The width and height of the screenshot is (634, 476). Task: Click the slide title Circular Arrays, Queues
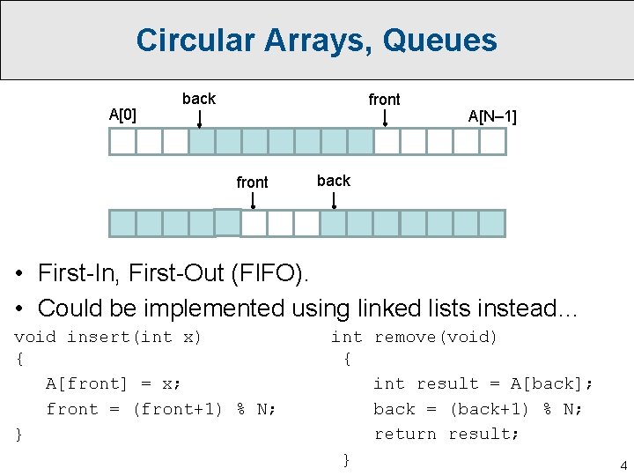click(316, 41)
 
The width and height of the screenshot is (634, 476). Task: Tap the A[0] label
click(123, 114)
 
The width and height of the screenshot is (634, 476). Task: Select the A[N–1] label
click(492, 116)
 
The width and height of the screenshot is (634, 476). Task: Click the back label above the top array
click(198, 99)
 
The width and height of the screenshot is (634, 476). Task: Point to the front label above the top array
click(384, 100)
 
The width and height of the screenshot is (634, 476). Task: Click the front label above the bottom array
click(252, 182)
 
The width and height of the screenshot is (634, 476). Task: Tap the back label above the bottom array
click(334, 181)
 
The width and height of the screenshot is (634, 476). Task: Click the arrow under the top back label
click(200, 118)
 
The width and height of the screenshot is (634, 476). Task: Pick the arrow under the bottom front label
click(254, 200)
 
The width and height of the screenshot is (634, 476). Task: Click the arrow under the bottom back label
click(334, 200)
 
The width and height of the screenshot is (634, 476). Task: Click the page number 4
click(623, 465)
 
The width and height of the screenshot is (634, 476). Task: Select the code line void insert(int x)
click(108, 337)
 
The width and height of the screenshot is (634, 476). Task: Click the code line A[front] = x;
click(114, 383)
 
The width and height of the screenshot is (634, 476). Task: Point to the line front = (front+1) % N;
click(161, 409)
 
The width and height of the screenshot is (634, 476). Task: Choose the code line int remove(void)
click(414, 337)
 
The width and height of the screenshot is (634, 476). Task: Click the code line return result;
click(446, 434)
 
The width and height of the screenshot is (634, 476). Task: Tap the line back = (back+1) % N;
click(478, 409)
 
